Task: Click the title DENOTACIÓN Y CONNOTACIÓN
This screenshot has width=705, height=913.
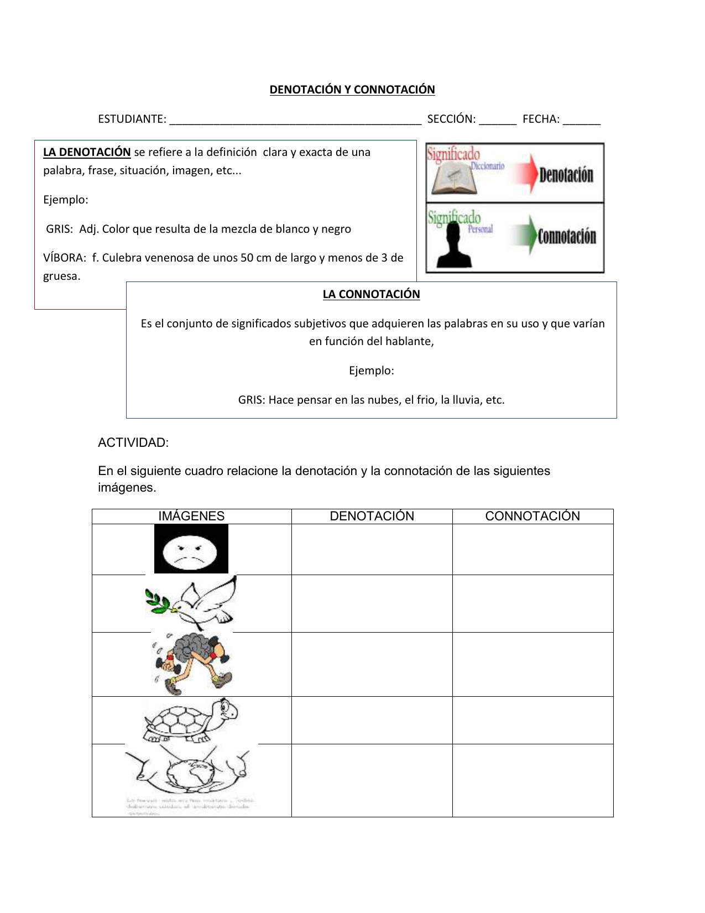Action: coord(352,90)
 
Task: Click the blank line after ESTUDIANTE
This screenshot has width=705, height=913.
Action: coord(295,120)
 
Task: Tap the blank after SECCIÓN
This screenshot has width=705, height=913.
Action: coord(498,120)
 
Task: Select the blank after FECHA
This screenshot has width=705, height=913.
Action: coord(581,120)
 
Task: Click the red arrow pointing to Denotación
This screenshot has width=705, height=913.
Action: coord(525,174)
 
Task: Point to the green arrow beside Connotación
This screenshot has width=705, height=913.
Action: coord(525,234)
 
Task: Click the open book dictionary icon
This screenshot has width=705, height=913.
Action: coord(451,180)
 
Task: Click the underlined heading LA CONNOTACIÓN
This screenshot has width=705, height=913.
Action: coord(371,294)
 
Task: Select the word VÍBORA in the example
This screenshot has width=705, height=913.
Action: coord(64,258)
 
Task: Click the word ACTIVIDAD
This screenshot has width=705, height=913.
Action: coord(133,442)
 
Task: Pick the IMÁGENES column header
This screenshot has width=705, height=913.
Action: coord(191,516)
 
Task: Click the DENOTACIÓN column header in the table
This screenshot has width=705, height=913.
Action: coord(372,516)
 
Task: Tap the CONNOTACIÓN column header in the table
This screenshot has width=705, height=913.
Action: coord(532,516)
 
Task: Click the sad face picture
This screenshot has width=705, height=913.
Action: coord(191,549)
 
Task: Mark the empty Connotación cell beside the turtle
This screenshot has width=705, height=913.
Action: coord(532,720)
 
